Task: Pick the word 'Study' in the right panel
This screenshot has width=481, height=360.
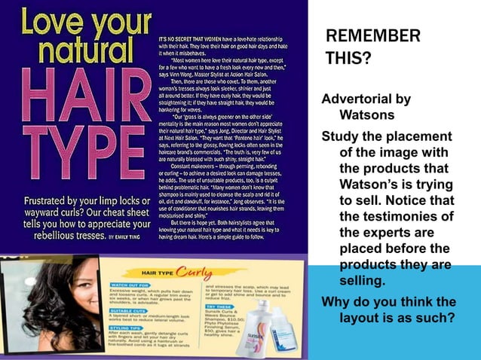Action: (339, 136)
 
